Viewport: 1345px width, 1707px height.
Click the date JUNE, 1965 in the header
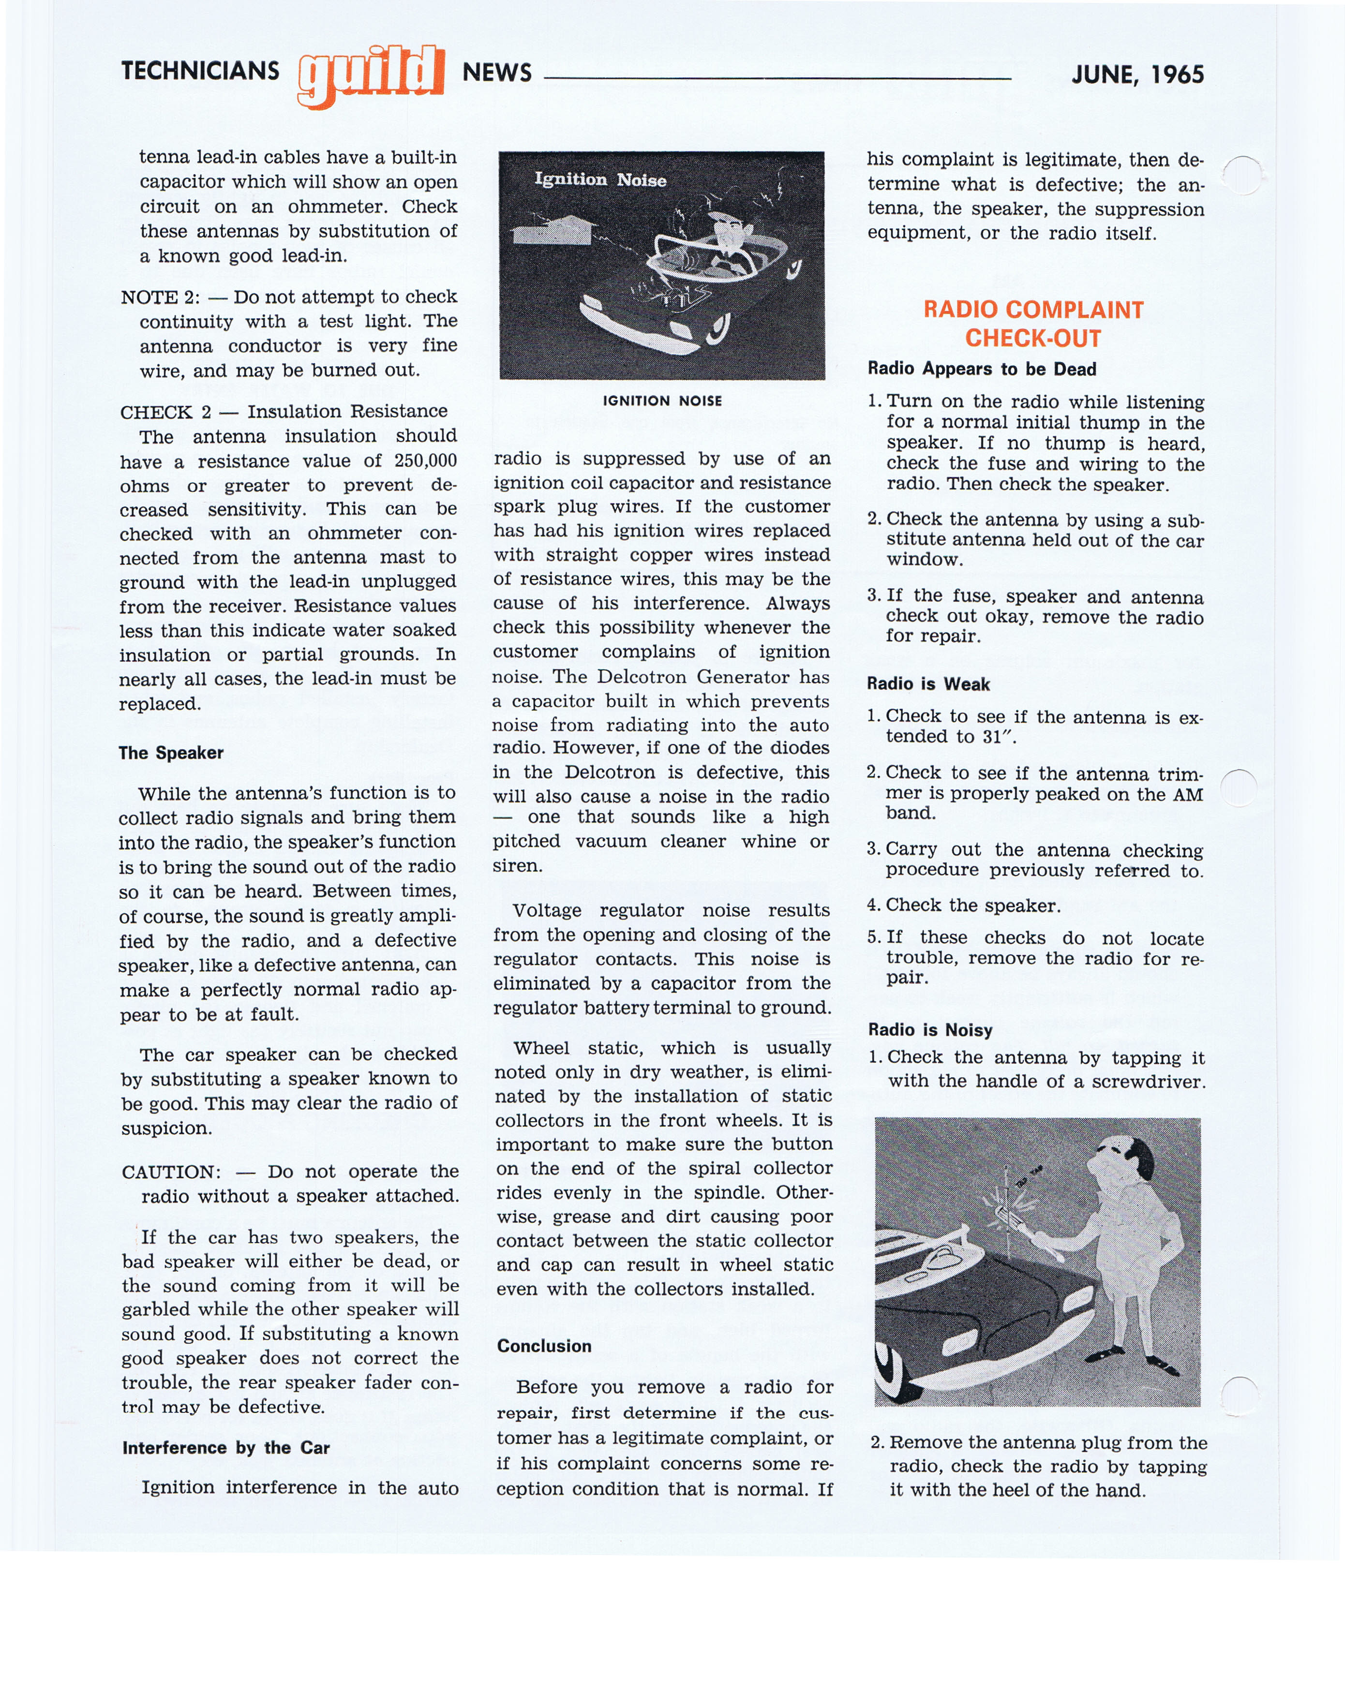click(1137, 75)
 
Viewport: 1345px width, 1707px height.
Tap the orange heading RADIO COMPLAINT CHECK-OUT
click(1032, 324)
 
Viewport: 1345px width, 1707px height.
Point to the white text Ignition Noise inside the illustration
click(600, 179)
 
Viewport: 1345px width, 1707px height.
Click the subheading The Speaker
click(171, 753)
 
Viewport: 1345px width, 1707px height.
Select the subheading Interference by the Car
click(225, 1447)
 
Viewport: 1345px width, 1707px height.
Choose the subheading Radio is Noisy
click(930, 1030)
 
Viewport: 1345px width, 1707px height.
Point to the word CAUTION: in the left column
click(171, 1172)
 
